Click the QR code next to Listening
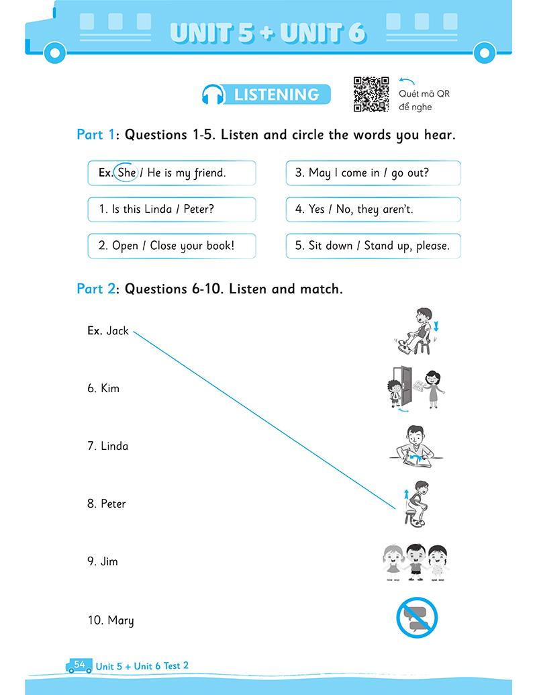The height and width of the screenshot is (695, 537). tap(371, 95)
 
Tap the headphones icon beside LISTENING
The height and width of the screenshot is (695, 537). tap(214, 95)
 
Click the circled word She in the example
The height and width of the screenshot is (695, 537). tap(126, 173)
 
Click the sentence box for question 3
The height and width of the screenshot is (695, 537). tap(373, 173)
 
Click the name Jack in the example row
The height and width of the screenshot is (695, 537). tap(117, 330)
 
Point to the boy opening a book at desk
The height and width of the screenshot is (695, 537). tap(416, 446)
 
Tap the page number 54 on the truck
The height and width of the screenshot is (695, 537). tap(80, 664)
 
